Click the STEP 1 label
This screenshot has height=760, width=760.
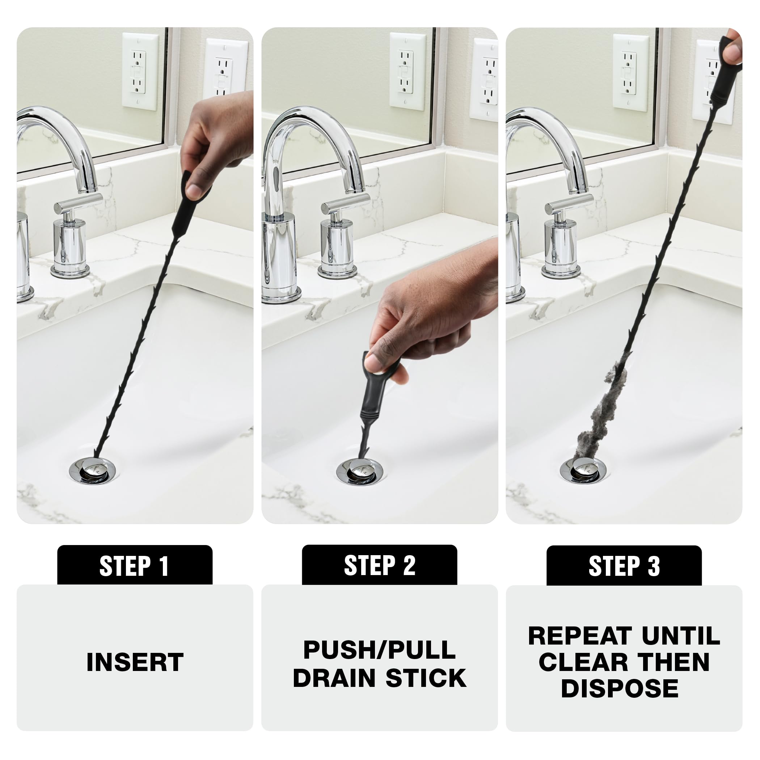pyautogui.click(x=135, y=566)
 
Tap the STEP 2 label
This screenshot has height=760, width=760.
pyautogui.click(x=379, y=566)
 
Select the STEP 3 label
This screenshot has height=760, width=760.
pyautogui.click(x=624, y=566)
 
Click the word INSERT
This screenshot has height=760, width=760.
pyautogui.click(x=135, y=662)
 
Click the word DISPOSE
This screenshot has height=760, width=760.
pyautogui.click(x=620, y=688)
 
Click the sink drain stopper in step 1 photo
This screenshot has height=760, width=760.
pyautogui.click(x=93, y=469)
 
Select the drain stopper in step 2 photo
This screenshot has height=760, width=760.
pyautogui.click(x=359, y=470)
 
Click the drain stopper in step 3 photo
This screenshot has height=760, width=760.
pyautogui.click(x=583, y=469)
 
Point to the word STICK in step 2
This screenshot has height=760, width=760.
pyautogui.click(x=426, y=678)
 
